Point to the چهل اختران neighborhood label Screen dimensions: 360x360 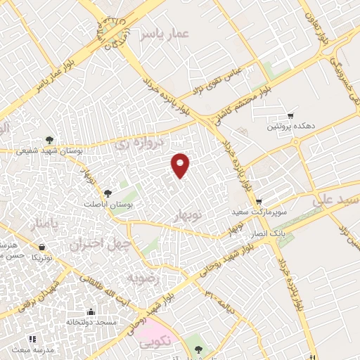tap(96, 244)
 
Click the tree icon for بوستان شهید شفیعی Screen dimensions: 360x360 tap(49, 139)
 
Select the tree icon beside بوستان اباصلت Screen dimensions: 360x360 tap(108, 193)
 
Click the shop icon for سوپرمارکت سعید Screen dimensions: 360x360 tap(259, 200)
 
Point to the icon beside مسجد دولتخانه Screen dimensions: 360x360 tap(90, 311)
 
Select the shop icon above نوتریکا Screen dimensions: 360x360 tap(43, 247)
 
